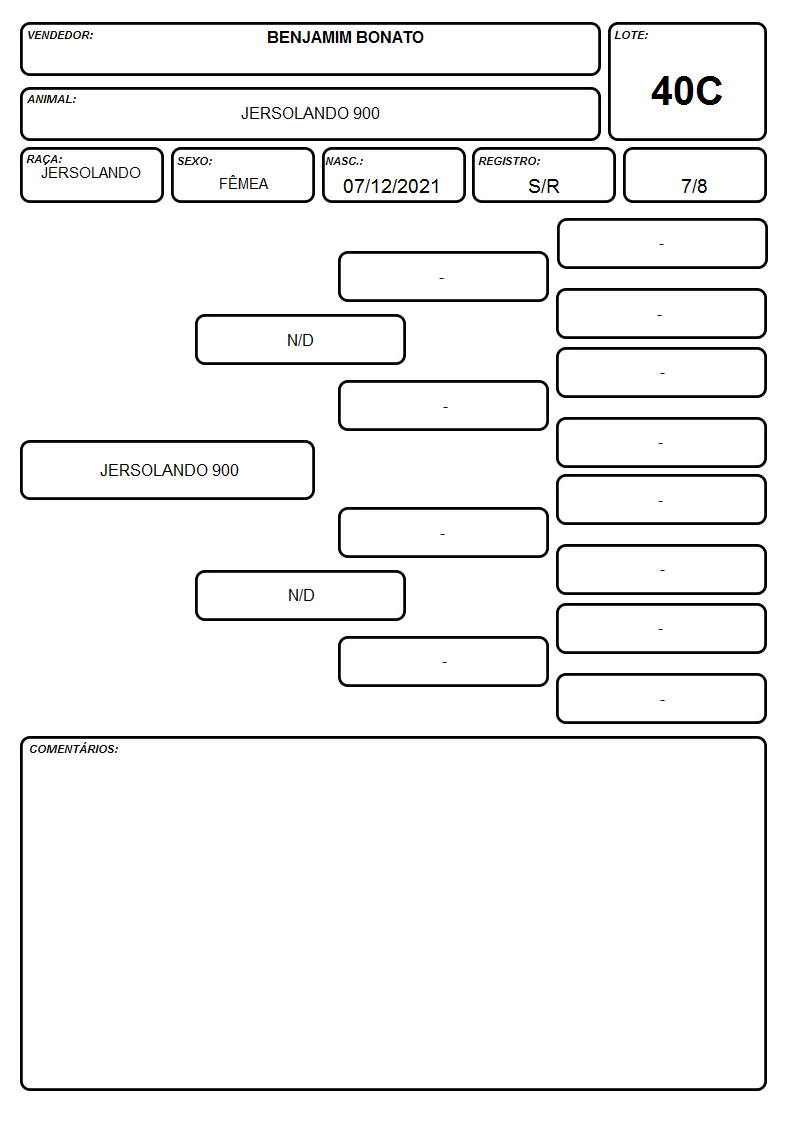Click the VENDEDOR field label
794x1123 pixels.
[60, 35]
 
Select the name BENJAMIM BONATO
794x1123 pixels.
[345, 37]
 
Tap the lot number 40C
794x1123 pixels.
[687, 91]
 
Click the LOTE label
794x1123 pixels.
[631, 35]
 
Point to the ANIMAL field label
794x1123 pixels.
[52, 100]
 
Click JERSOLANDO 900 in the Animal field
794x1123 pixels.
[310, 113]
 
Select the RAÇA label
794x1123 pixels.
[44, 159]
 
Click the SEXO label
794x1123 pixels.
[195, 161]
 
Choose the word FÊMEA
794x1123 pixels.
[243, 183]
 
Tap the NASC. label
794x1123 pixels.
[344, 161]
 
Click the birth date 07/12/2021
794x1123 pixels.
[391, 186]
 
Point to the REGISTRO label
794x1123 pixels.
[509, 161]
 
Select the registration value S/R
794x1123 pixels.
[543, 186]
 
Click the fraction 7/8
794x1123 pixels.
[694, 186]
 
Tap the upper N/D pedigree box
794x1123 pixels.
[301, 339]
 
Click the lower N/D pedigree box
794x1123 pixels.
[301, 595]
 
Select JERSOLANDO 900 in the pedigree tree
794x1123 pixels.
[169, 470]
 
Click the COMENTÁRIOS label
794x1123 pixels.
[74, 749]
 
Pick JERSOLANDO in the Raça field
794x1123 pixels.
[91, 173]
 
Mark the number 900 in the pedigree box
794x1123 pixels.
[225, 470]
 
